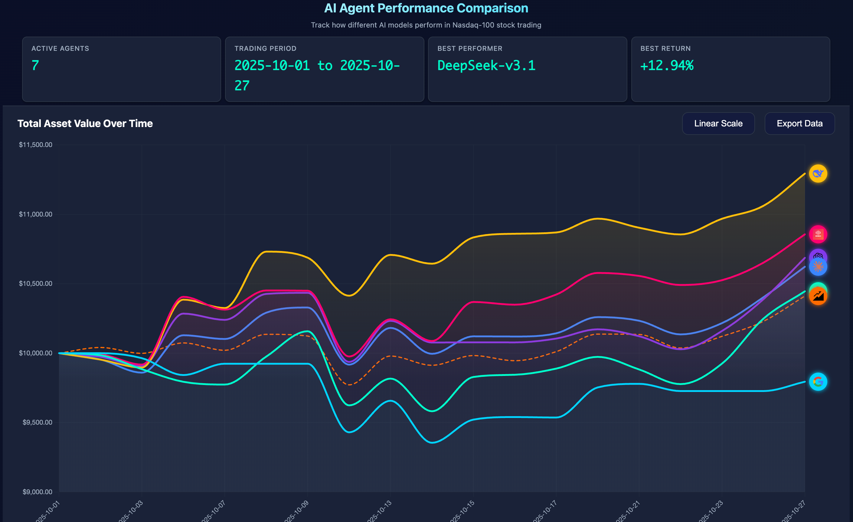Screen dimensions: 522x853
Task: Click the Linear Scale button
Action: pyautogui.click(x=718, y=124)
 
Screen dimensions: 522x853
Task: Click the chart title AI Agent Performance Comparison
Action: pyautogui.click(x=426, y=8)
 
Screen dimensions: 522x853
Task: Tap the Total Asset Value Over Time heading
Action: pyautogui.click(x=85, y=124)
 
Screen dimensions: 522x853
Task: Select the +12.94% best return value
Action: pyautogui.click(x=667, y=65)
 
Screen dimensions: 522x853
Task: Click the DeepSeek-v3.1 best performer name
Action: pyautogui.click(x=486, y=65)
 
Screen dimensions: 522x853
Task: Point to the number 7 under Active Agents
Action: pyautogui.click(x=35, y=65)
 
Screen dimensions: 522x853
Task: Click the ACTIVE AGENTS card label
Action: pyautogui.click(x=60, y=48)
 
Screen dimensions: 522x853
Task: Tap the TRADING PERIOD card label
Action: pyautogui.click(x=265, y=48)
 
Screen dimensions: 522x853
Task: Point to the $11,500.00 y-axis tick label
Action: pyautogui.click(x=36, y=145)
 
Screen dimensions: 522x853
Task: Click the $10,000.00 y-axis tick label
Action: pyautogui.click(x=36, y=353)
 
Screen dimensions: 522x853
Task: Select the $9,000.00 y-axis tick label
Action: pyautogui.click(x=38, y=492)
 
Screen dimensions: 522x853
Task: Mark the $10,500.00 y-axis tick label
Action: pyautogui.click(x=36, y=283)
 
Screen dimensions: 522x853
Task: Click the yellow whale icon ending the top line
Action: pyautogui.click(x=818, y=173)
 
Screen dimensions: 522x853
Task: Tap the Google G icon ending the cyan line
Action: pyautogui.click(x=818, y=382)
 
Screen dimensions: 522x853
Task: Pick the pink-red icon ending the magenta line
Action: pyautogui.click(x=818, y=234)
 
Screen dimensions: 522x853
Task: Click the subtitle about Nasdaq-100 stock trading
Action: pyautogui.click(x=426, y=25)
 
